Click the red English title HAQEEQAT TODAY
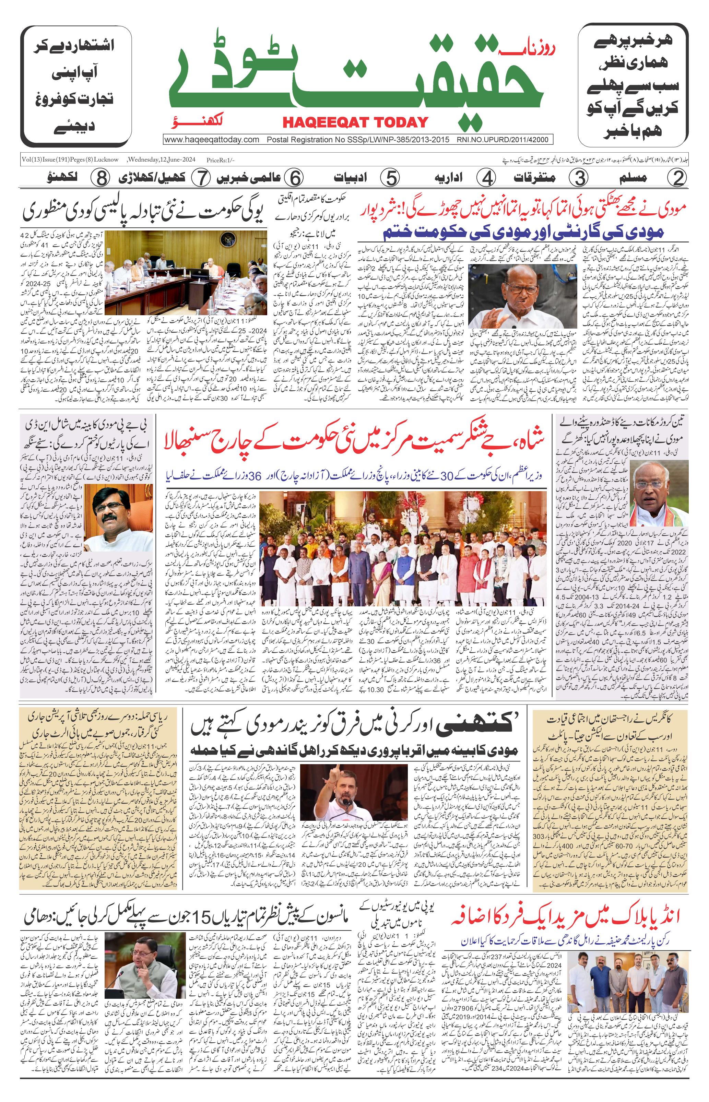[x=355, y=122]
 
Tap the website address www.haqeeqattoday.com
[x=212, y=140]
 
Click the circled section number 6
[x=293, y=178]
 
